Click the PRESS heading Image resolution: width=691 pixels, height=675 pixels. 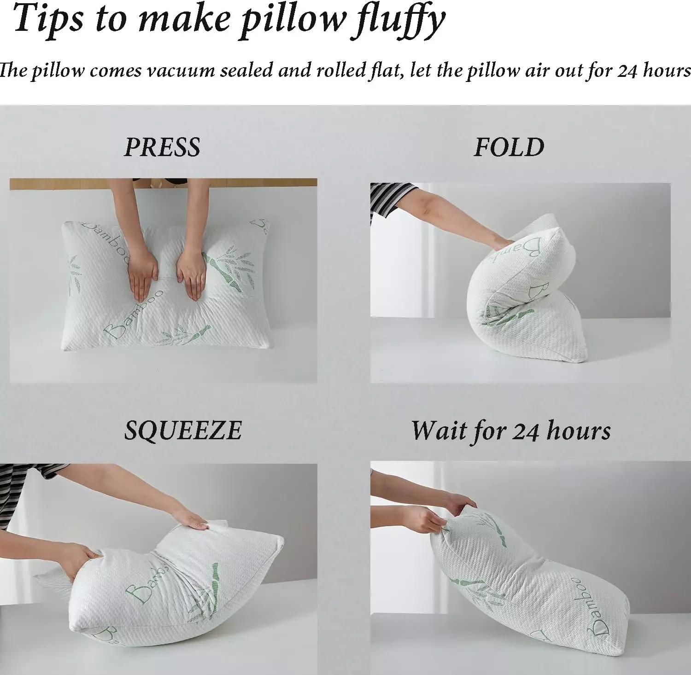tap(162, 147)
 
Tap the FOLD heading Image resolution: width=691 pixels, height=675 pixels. tap(509, 147)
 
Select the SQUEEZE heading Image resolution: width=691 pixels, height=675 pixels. tap(183, 431)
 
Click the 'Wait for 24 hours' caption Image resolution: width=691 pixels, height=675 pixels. tap(511, 431)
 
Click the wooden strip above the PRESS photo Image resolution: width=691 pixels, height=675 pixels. tap(164, 184)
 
